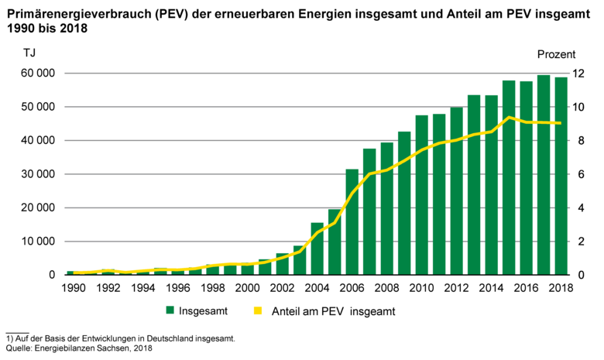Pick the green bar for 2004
(x=317, y=249)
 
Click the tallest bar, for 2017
(x=544, y=175)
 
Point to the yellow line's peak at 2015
(x=509, y=118)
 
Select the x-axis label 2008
(x=387, y=288)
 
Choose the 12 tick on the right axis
(x=578, y=74)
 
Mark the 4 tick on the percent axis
(x=578, y=207)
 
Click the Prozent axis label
(x=556, y=54)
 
